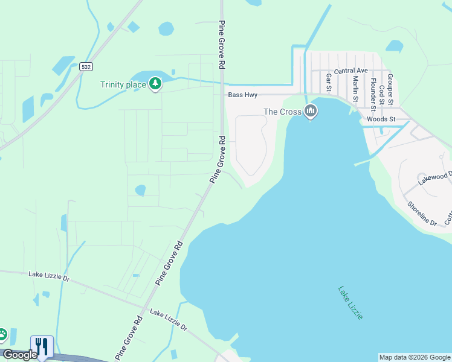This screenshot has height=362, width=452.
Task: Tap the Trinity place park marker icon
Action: (x=155, y=83)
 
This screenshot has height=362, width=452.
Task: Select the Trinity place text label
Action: (x=123, y=84)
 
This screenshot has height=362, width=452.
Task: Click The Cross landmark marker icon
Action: (x=311, y=111)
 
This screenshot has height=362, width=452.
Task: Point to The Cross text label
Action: (x=282, y=112)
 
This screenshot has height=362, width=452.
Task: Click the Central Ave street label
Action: (x=351, y=71)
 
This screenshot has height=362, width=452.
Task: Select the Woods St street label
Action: (x=381, y=119)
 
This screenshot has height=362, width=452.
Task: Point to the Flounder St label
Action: (x=373, y=94)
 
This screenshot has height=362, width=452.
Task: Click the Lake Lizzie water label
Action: (x=350, y=302)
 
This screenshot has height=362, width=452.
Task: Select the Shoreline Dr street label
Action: (x=422, y=214)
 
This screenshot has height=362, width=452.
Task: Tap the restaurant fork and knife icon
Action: (x=42, y=346)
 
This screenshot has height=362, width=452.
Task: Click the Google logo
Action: (x=20, y=355)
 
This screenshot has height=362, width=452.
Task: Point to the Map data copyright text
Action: (x=415, y=357)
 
